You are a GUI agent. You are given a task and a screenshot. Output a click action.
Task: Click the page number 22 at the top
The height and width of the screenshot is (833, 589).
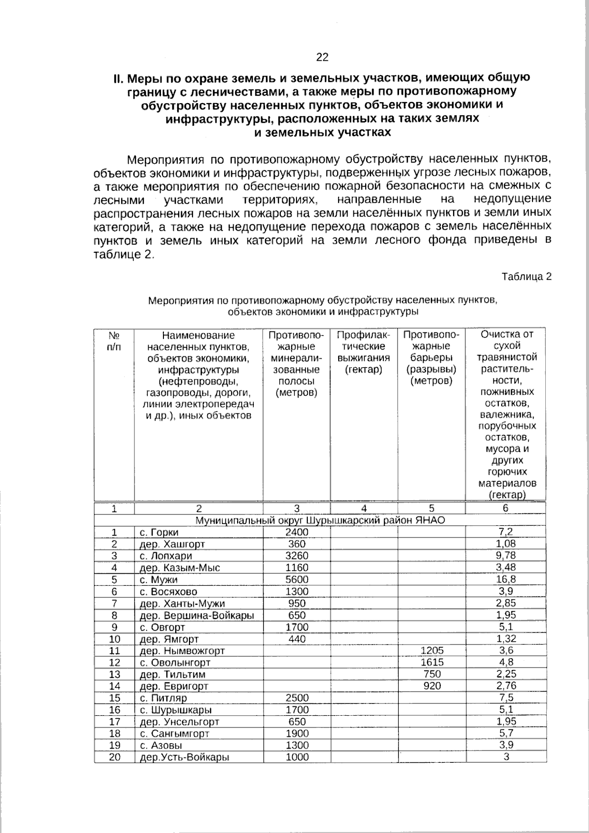pyautogui.click(x=322, y=57)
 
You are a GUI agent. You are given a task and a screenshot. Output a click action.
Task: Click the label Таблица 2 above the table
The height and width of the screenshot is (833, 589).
pyautogui.click(x=526, y=276)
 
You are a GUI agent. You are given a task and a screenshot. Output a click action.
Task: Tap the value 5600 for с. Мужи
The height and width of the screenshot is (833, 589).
pyautogui.click(x=297, y=580)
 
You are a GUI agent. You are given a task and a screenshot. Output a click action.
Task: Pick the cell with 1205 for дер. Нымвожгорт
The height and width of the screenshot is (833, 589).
pyautogui.click(x=432, y=650)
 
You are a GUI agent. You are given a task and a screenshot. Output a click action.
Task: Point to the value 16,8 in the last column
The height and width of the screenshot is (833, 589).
pyautogui.click(x=506, y=579)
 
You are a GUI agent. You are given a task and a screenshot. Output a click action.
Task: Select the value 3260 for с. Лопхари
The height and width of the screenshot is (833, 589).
pyautogui.click(x=297, y=556)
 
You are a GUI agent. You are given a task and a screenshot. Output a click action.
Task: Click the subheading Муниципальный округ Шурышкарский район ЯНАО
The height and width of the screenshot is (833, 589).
pyautogui.click(x=320, y=520)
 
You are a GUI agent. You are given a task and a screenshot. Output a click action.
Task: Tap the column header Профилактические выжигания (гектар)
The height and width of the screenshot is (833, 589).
pyautogui.click(x=364, y=352)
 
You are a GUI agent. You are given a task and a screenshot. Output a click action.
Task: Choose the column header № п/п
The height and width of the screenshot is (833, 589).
pyautogui.click(x=114, y=341)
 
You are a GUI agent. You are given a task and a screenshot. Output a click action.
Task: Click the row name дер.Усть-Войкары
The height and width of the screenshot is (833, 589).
pyautogui.click(x=185, y=757)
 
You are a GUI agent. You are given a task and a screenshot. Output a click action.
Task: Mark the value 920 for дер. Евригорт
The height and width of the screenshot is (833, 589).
pyautogui.click(x=432, y=686)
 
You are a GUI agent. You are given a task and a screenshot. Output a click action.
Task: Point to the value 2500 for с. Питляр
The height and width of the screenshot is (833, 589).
pyautogui.click(x=297, y=698)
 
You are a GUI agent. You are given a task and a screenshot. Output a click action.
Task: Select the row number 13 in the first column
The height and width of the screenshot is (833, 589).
pyautogui.click(x=114, y=674)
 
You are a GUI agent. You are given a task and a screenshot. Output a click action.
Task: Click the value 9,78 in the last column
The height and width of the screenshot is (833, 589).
pyautogui.click(x=506, y=556)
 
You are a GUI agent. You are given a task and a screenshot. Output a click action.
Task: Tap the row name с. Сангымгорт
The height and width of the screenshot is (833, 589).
pyautogui.click(x=175, y=734)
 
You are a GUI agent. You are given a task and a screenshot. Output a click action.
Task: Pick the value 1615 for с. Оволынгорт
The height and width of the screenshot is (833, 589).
pyautogui.click(x=432, y=662)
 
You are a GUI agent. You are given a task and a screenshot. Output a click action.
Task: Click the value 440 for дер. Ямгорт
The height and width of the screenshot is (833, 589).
pyautogui.click(x=297, y=639)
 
